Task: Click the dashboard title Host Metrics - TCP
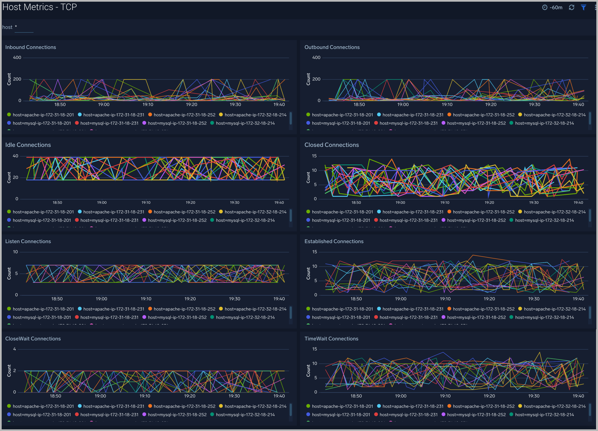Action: (x=40, y=7)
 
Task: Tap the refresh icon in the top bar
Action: (x=571, y=7)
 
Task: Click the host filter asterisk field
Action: (x=24, y=27)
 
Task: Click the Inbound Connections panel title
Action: (x=31, y=47)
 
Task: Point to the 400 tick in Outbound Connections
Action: (x=316, y=57)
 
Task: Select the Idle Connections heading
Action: (x=28, y=145)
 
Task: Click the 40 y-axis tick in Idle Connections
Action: (x=15, y=156)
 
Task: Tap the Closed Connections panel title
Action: (x=331, y=145)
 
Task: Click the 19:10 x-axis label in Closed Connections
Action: (x=445, y=203)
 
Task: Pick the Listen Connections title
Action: (x=28, y=241)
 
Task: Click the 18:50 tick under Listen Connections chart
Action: (x=57, y=299)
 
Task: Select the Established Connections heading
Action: (x=334, y=241)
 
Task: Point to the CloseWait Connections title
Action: (x=33, y=339)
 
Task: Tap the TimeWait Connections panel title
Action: (x=331, y=339)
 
